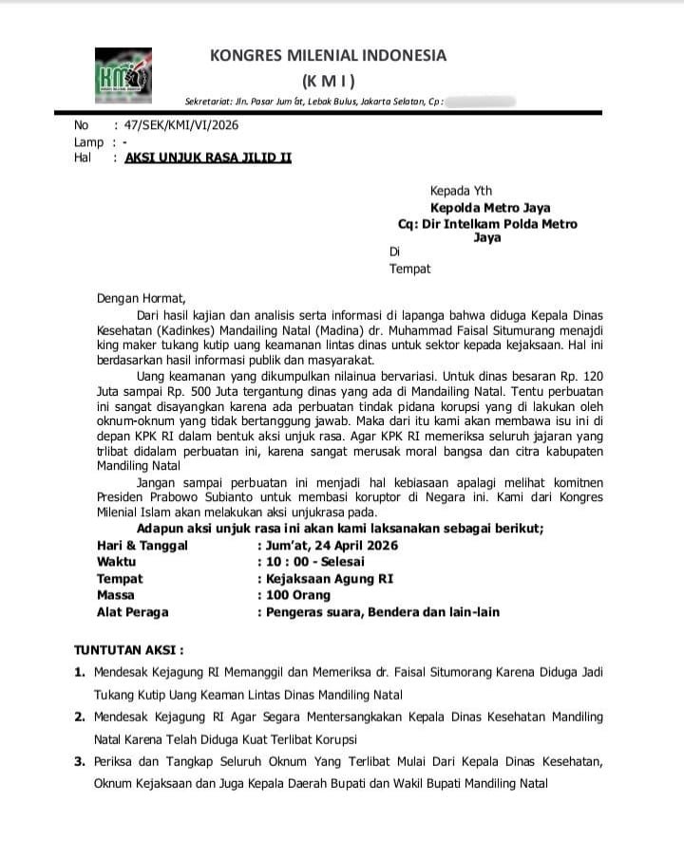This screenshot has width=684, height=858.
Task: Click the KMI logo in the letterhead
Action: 123,75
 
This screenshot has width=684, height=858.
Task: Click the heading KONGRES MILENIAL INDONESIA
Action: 328,56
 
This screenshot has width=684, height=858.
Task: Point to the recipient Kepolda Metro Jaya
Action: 490,208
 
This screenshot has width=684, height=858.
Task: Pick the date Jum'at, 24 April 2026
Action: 332,545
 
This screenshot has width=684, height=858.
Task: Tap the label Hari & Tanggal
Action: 142,545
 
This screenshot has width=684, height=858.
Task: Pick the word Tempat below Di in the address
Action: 409,269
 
